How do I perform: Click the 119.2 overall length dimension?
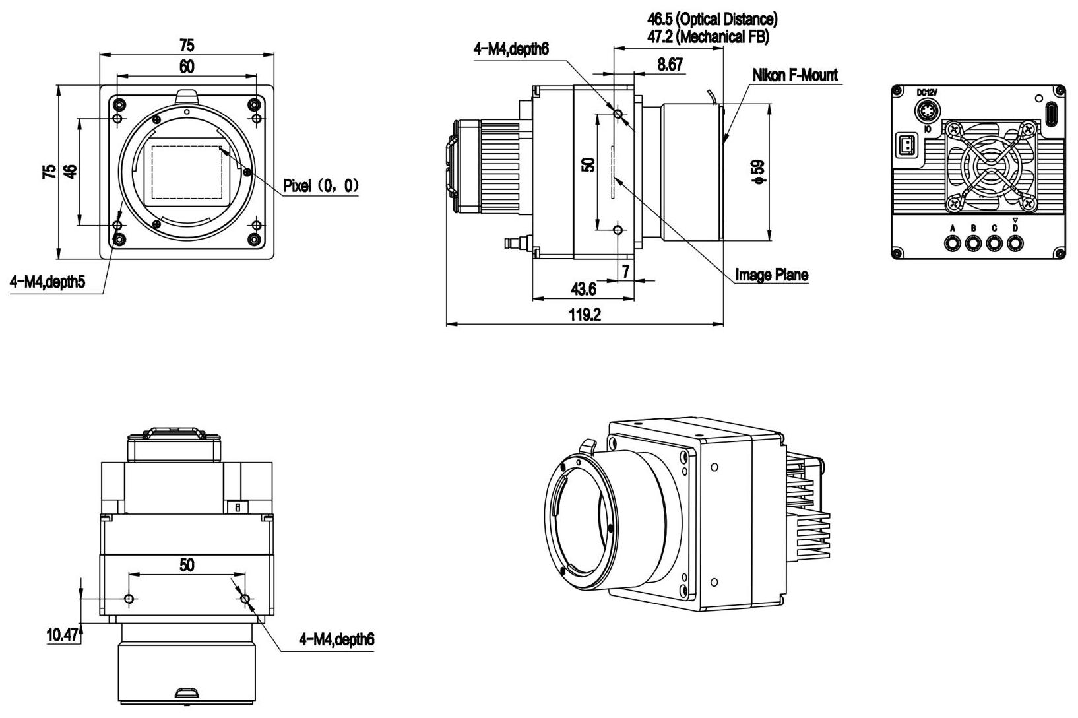[585, 315]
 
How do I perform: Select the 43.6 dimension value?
[583, 290]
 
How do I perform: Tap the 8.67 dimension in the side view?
[670, 65]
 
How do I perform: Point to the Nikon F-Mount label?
[794, 75]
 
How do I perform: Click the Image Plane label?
[771, 275]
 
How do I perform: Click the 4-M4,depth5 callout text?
[48, 282]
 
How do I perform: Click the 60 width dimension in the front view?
[187, 67]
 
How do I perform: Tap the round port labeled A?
[953, 244]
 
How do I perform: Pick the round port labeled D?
[1015, 244]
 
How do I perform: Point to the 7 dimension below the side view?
[625, 271]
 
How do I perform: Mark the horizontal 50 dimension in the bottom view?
[187, 565]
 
